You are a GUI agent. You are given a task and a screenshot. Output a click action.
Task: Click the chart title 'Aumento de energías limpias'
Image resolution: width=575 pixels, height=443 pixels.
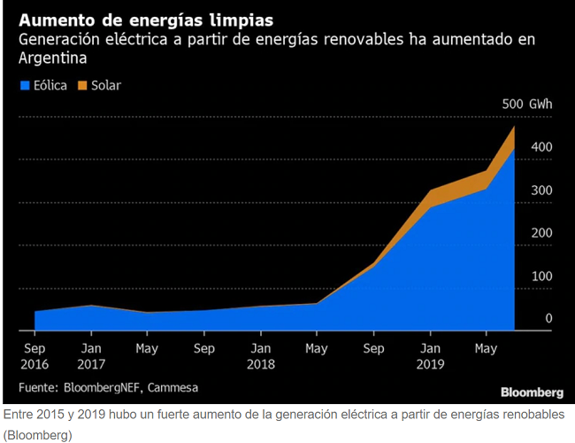pos(146,20)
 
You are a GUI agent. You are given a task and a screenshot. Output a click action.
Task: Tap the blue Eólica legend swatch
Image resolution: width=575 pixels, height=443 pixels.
pos(25,86)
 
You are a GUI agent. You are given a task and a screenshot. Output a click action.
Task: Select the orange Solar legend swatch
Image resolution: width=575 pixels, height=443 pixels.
pos(82,86)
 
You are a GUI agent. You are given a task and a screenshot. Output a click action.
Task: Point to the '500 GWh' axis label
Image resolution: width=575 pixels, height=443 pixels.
pos(527,104)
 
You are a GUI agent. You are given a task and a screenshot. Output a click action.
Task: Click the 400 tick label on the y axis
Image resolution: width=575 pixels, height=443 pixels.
pos(541,147)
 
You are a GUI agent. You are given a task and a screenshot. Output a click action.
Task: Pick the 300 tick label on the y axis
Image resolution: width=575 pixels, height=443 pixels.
pos(541,190)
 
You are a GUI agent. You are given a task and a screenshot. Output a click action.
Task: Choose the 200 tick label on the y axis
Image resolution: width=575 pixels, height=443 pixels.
pos(541,233)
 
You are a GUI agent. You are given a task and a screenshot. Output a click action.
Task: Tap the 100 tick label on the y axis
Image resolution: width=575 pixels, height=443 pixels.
pos(542,276)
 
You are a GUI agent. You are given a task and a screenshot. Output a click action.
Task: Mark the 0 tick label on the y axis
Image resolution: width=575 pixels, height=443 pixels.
pos(548,318)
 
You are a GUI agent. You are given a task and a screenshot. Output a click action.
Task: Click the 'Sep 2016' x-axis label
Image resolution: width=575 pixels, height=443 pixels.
pos(34,356)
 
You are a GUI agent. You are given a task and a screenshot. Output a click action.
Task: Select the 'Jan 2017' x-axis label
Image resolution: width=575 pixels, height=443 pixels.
pos(91,356)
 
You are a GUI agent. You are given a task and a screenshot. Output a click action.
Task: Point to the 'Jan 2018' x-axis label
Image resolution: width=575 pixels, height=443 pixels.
pos(261,356)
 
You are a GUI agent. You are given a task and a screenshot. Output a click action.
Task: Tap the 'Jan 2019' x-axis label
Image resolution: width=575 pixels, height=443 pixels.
pos(430,356)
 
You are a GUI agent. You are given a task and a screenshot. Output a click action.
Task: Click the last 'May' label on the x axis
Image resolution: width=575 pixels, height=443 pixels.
pos(486,348)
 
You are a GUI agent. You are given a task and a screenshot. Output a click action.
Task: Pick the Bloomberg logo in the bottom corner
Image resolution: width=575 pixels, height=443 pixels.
pos(532,392)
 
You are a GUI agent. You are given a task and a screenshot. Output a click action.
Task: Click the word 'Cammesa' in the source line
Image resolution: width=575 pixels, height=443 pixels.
pos(172,387)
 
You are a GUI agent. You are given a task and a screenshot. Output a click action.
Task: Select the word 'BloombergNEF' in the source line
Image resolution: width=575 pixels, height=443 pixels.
pos(102,387)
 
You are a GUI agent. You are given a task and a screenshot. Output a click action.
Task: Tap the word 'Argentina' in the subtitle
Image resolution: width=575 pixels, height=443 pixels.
pos(53,58)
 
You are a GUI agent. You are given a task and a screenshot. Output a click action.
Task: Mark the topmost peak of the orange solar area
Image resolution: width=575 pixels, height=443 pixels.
pos(514,127)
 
